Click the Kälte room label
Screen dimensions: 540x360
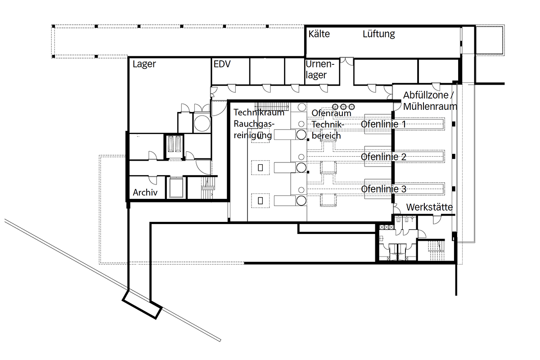(x=319, y=34)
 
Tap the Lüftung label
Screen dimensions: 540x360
(x=379, y=34)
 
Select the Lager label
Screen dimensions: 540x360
(x=144, y=64)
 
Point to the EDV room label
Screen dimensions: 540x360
(x=222, y=64)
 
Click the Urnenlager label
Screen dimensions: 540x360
(x=320, y=69)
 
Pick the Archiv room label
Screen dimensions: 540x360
(x=145, y=193)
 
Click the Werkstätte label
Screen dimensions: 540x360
(x=429, y=207)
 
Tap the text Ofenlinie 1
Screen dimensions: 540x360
(x=383, y=124)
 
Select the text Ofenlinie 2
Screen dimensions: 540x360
(x=383, y=157)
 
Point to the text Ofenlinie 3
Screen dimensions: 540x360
(x=383, y=189)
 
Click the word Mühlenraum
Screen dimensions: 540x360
(x=430, y=106)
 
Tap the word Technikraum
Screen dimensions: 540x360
(x=259, y=112)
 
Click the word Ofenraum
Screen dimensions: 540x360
(x=331, y=113)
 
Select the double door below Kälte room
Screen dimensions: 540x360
(x=346, y=61)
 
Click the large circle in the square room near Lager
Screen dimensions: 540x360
(x=202, y=123)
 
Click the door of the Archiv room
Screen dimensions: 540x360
(x=153, y=180)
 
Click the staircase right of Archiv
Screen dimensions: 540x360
(x=208, y=188)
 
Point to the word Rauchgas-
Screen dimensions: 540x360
(x=254, y=124)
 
